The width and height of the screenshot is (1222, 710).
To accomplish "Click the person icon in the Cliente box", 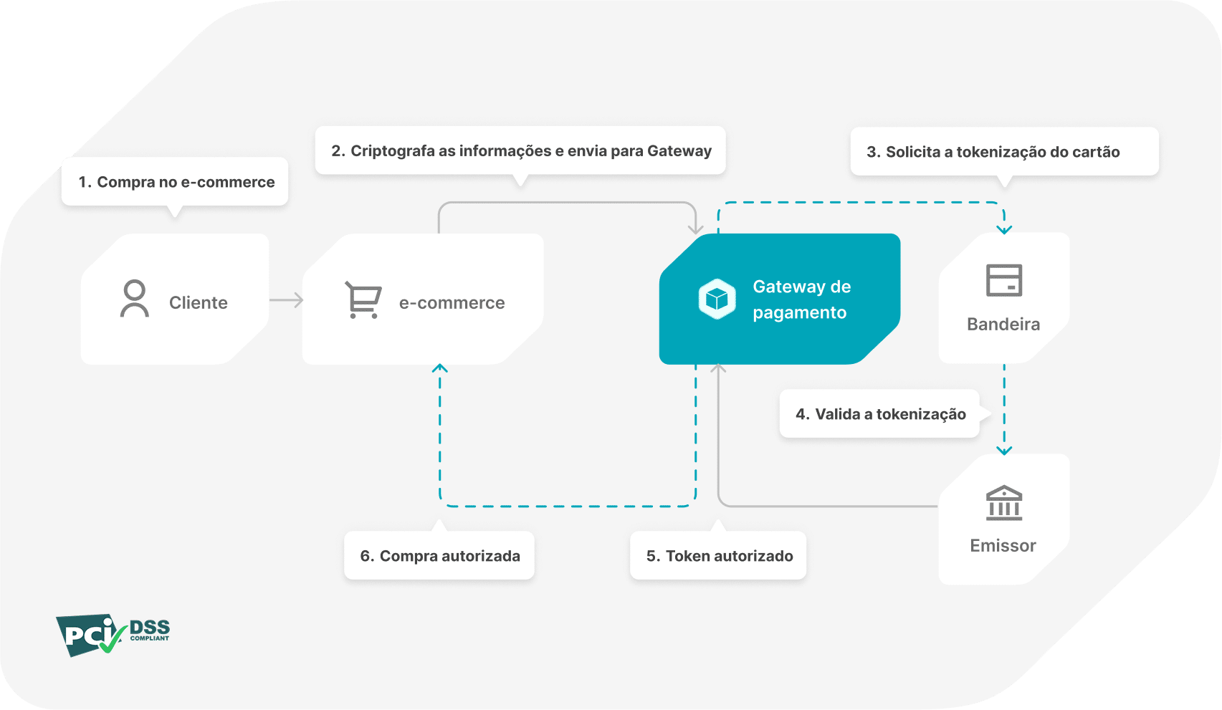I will click(135, 299).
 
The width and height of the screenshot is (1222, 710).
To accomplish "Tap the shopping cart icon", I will click(363, 299).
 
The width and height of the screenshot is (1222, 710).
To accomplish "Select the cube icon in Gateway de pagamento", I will click(717, 299).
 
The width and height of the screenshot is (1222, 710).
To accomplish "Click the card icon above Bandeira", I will click(1003, 280).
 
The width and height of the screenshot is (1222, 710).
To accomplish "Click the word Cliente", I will click(198, 303).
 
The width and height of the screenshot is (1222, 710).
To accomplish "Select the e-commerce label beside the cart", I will click(452, 303).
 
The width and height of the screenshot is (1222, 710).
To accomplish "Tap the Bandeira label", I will click(1003, 325).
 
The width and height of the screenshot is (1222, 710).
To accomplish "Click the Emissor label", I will click(1003, 546).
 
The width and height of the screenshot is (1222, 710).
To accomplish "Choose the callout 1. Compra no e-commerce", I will click(176, 182).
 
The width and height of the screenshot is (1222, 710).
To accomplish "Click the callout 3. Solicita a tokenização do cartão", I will click(1003, 152).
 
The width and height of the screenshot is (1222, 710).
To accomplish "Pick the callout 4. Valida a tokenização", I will click(879, 414).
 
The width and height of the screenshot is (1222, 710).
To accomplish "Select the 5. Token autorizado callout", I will click(719, 556).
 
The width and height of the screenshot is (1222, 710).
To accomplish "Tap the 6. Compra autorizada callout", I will click(439, 556).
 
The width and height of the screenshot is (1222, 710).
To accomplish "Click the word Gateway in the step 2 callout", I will click(679, 151).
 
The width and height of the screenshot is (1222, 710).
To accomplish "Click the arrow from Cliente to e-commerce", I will click(287, 300).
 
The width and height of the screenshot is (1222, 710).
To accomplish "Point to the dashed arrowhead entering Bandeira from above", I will click(1004, 229).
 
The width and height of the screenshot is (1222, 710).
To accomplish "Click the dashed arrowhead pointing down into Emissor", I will click(1004, 451).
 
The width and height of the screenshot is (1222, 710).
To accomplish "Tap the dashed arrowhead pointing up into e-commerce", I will click(440, 368).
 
